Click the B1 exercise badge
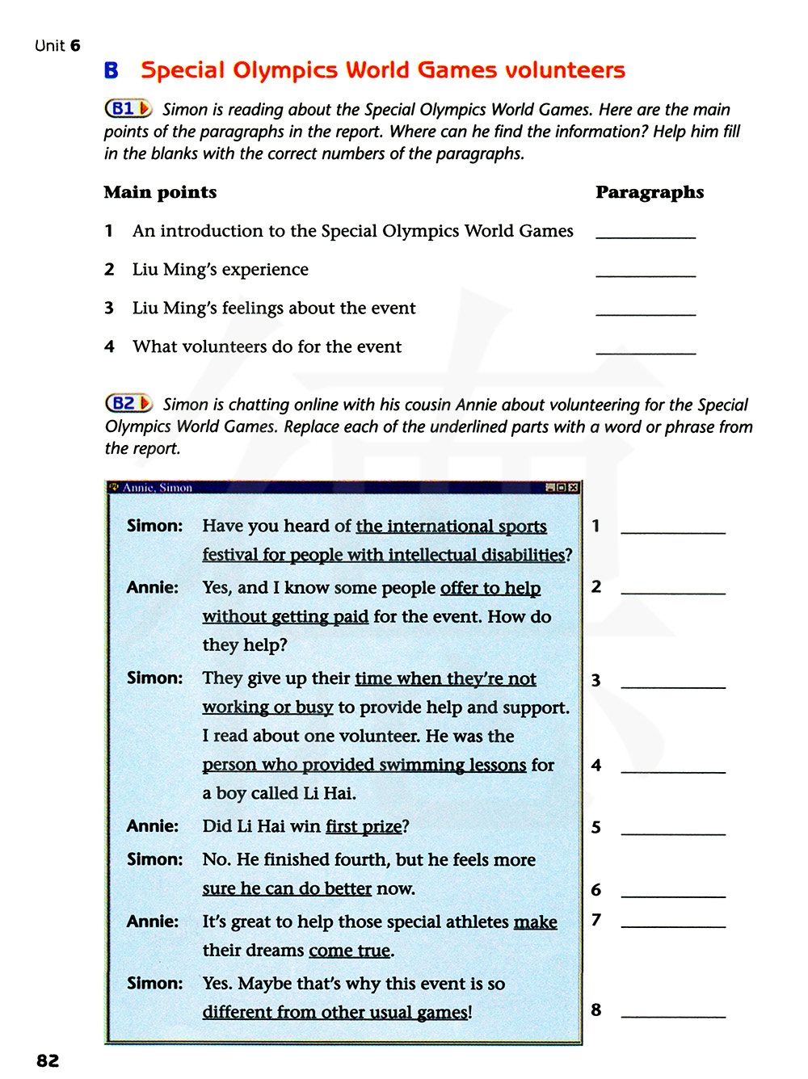click(x=128, y=108)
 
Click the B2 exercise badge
click(x=128, y=403)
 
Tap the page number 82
click(x=48, y=1060)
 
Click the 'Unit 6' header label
click(x=57, y=46)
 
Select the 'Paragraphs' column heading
click(x=650, y=192)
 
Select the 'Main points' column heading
click(x=160, y=192)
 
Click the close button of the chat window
click(x=574, y=488)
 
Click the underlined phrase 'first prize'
click(x=364, y=826)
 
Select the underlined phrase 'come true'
click(x=349, y=951)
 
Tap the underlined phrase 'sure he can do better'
click(x=287, y=888)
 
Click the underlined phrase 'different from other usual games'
click(x=335, y=1012)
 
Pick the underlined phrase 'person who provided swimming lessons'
click(x=364, y=765)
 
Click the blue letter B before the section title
click(x=112, y=71)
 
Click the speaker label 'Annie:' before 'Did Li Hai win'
click(x=153, y=826)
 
